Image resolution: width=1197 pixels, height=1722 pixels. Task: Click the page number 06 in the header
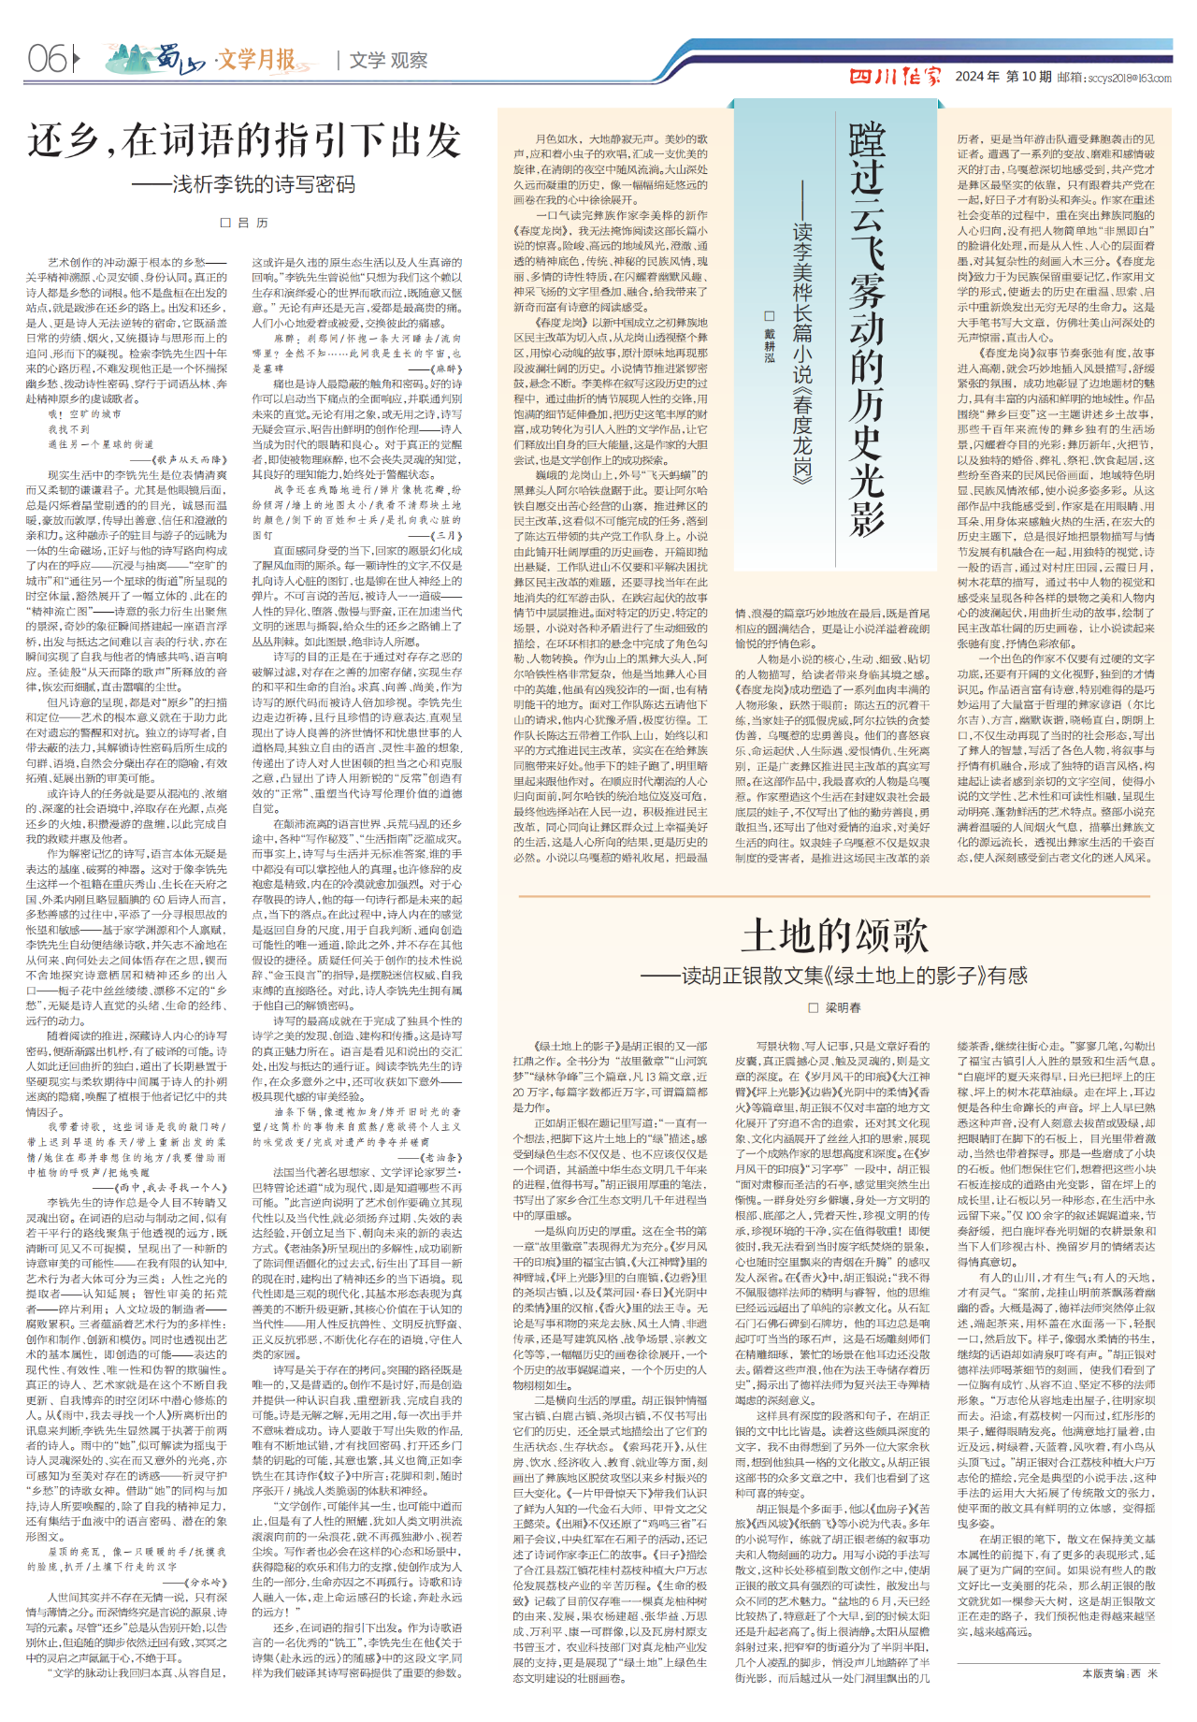click(x=47, y=60)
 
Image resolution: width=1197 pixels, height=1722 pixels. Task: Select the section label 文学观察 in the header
click(x=388, y=61)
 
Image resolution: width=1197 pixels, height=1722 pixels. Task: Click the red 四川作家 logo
click(x=895, y=77)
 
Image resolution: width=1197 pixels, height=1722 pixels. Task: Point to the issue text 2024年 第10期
click(x=1003, y=77)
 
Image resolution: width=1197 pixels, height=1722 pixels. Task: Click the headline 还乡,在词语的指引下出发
click(x=244, y=141)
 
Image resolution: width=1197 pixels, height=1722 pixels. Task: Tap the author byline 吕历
click(x=245, y=223)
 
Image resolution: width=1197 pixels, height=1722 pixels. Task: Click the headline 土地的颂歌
click(x=835, y=934)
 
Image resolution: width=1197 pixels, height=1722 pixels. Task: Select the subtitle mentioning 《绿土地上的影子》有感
click(x=835, y=976)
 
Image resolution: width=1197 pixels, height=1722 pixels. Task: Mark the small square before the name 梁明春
click(x=814, y=1007)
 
